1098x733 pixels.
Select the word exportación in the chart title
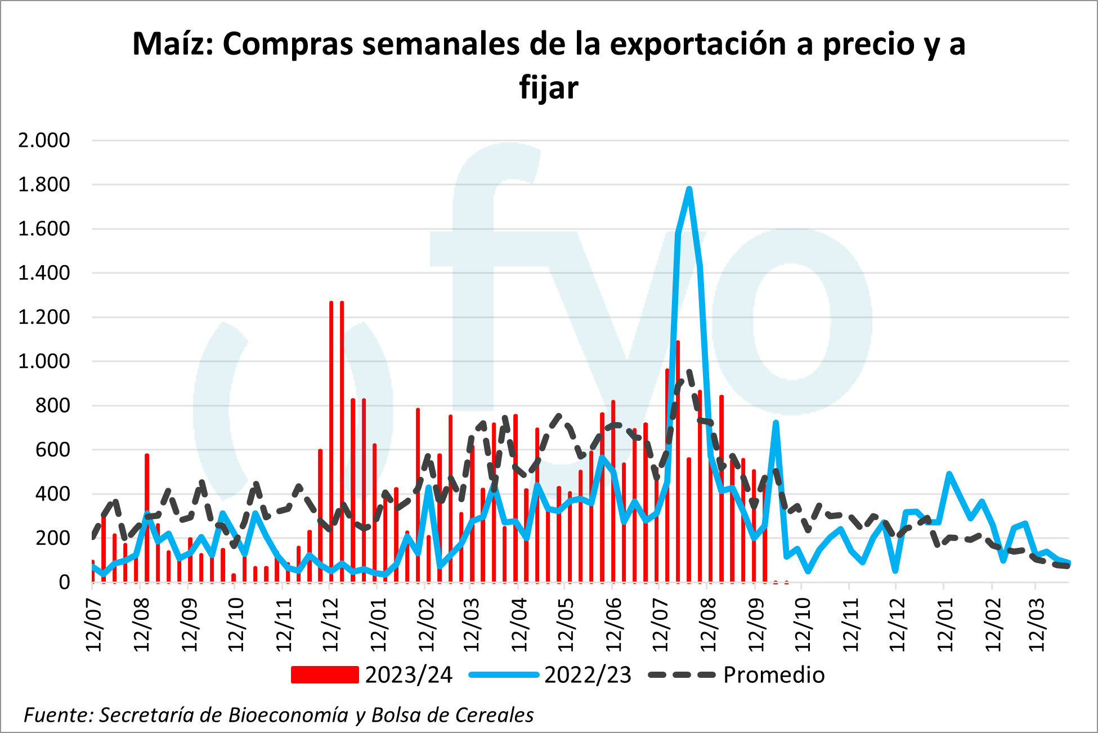(698, 44)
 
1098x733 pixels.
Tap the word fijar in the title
(549, 88)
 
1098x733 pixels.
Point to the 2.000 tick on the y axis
(44, 140)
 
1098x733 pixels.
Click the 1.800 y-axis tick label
(44, 185)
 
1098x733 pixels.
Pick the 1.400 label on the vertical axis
(44, 273)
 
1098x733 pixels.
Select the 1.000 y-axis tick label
(44, 361)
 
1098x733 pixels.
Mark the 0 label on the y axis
(64, 583)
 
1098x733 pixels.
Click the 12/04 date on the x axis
(518, 625)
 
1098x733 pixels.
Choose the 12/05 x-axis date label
(566, 625)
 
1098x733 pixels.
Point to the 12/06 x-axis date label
(613, 625)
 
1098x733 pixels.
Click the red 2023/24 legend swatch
(325, 674)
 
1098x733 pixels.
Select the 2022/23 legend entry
(588, 674)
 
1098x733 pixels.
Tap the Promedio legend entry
(774, 674)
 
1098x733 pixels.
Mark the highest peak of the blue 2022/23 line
(689, 190)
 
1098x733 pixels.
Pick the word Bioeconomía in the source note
(288, 715)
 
